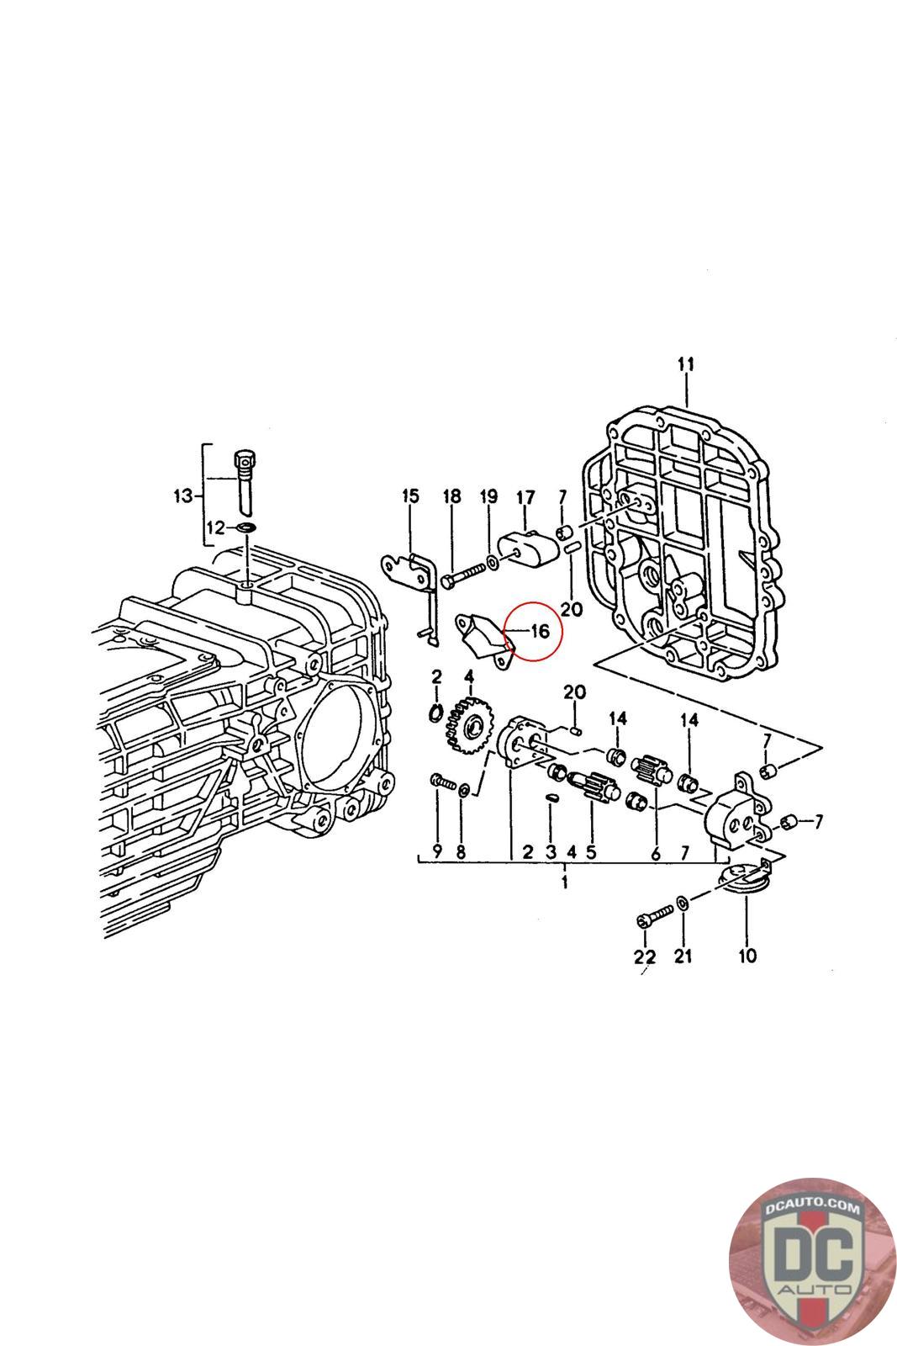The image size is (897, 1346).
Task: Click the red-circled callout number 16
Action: pos(539,630)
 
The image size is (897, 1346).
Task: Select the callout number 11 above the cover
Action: pos(686,364)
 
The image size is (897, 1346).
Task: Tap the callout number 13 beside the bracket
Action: pos(183,495)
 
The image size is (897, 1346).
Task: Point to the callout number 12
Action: pos(216,527)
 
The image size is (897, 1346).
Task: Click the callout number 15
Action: pos(409,496)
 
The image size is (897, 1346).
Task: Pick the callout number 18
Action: pos(452,496)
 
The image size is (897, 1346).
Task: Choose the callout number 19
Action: pos(488,496)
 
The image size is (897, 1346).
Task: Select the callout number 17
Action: pos(525,498)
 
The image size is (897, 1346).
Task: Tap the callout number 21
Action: pos(683,956)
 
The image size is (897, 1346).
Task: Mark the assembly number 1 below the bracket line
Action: pos(565,882)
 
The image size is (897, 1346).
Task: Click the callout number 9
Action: pos(437,851)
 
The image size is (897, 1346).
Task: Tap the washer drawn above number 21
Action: pos(683,903)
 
